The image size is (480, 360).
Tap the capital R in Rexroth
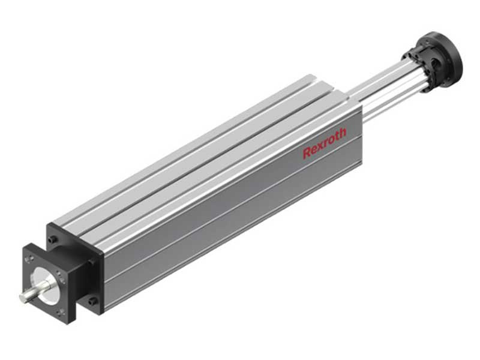(x=307, y=152)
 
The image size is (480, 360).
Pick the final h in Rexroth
(x=343, y=133)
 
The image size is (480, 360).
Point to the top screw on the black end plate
(x=55, y=238)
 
